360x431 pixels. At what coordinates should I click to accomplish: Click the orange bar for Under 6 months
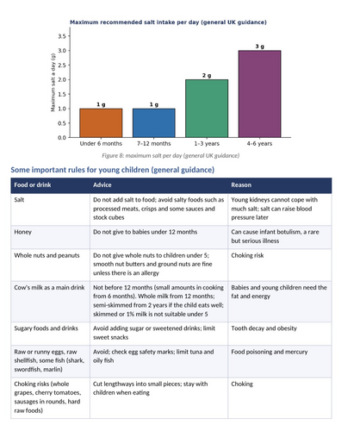(x=101, y=123)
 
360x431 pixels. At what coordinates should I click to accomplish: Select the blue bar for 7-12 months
(x=154, y=123)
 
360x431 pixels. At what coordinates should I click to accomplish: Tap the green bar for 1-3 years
(x=207, y=109)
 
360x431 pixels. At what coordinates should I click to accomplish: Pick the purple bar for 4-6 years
(x=259, y=94)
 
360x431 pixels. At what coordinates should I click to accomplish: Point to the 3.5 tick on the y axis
(x=62, y=36)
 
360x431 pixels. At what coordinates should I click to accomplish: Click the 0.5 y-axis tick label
(x=62, y=123)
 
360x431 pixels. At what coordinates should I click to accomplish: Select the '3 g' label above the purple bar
(x=260, y=47)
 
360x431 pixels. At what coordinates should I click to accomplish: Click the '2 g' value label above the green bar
(x=207, y=76)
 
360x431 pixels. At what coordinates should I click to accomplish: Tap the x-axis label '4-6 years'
(x=259, y=143)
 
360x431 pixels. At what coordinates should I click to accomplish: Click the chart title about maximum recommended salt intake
(x=168, y=22)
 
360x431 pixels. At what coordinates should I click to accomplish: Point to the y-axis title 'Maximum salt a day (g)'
(x=53, y=83)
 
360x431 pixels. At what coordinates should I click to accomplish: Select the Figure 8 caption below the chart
(x=171, y=156)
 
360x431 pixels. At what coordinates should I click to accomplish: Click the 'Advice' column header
(x=102, y=185)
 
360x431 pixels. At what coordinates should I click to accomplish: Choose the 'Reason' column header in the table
(x=241, y=185)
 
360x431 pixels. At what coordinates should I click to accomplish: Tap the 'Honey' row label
(x=22, y=232)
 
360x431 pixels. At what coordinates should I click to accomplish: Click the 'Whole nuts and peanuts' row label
(x=47, y=255)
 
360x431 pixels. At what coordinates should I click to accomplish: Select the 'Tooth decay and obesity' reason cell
(x=264, y=328)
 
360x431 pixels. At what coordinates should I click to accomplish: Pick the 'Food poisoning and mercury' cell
(x=270, y=352)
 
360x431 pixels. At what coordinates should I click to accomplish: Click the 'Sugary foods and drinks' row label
(x=46, y=328)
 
